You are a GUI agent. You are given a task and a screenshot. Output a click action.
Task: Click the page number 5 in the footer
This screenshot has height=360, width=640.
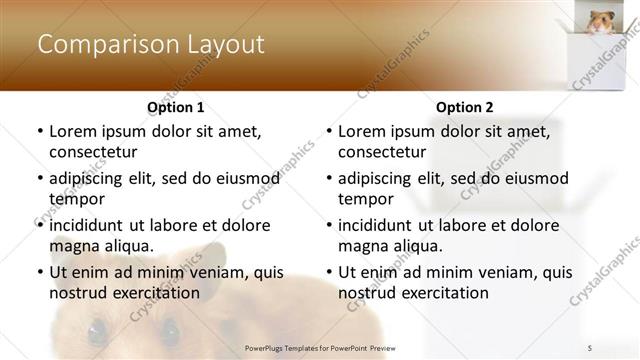pos(590,348)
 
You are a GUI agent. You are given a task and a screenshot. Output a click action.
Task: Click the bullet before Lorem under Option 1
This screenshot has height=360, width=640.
pos(39,132)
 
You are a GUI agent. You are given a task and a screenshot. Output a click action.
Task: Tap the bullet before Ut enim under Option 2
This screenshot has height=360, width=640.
pos(328,272)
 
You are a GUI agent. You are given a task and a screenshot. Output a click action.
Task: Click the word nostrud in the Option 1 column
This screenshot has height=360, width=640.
pos(76,292)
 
